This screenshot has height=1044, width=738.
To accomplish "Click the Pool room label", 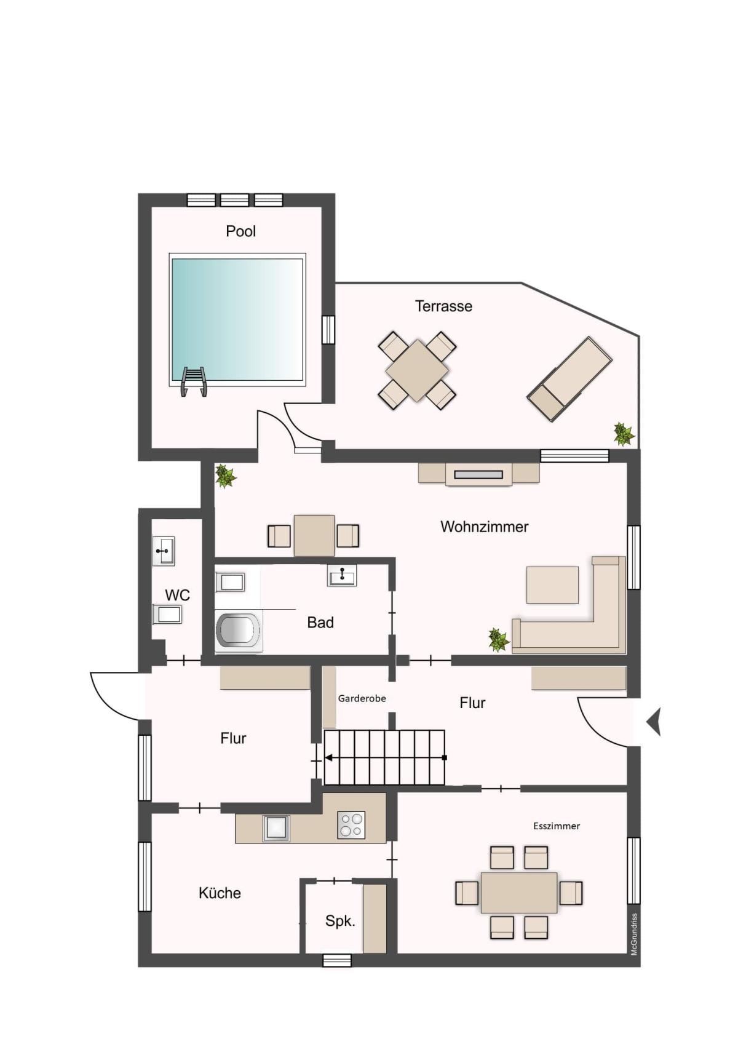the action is click(240, 231).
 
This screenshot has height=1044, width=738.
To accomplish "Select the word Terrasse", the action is click(443, 306).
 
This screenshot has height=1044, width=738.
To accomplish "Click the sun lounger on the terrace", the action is click(569, 380).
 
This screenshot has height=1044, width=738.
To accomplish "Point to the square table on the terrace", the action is click(417, 370).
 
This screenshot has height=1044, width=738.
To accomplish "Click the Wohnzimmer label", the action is click(485, 527).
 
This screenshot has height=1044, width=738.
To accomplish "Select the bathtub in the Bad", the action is click(238, 631).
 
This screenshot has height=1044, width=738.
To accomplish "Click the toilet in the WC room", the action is click(167, 614).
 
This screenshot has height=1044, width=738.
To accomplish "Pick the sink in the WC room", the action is click(164, 551).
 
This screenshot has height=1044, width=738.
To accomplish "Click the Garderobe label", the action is click(362, 699).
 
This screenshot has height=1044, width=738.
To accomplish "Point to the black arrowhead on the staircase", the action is click(328, 758).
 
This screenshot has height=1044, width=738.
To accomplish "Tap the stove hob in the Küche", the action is click(351, 826).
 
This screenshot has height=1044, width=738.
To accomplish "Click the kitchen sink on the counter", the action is click(276, 828).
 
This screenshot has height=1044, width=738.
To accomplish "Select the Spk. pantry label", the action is click(340, 921).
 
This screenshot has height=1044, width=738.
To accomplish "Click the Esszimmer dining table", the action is click(519, 893).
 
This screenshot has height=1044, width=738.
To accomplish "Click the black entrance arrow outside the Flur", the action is click(654, 722).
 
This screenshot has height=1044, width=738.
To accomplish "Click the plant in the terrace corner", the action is click(624, 434).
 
